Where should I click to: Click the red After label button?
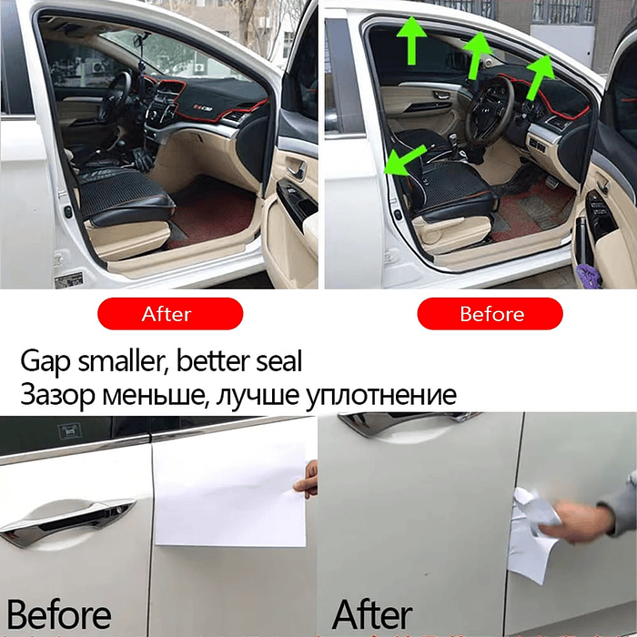[x=169, y=314]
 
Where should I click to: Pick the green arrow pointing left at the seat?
[x=404, y=160]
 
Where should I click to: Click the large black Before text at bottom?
[x=59, y=614]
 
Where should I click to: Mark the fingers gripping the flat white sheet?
[x=308, y=479]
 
